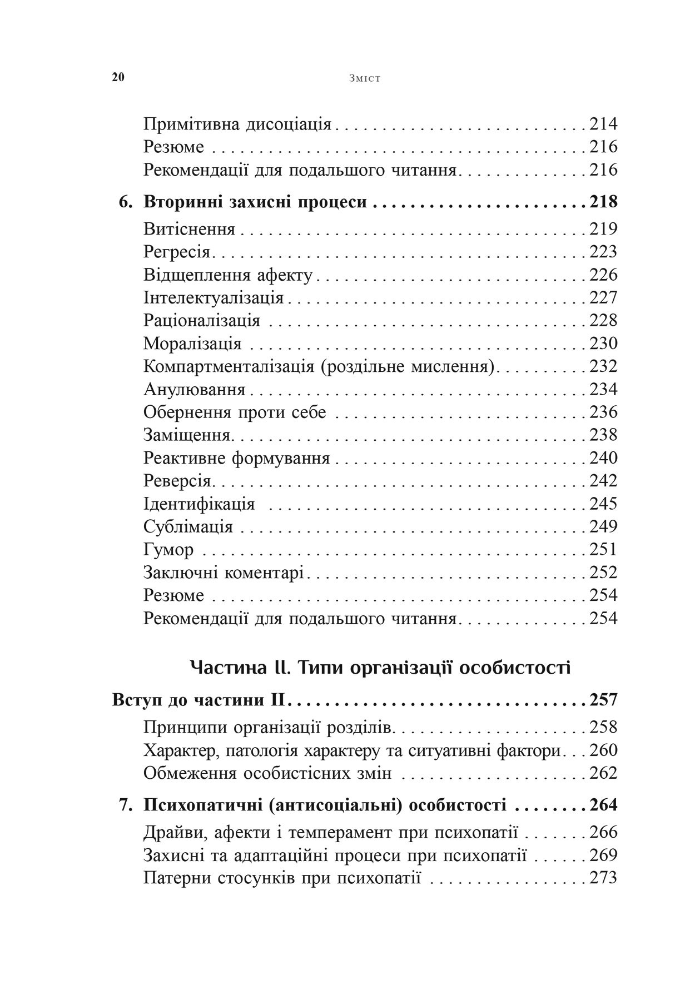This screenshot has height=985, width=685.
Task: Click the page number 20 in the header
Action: [x=118, y=77]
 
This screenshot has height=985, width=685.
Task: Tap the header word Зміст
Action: [x=365, y=78]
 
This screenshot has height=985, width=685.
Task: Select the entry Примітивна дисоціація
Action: [x=237, y=124]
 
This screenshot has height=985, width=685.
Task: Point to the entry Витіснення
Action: [x=190, y=229]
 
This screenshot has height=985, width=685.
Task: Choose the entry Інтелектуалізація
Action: [x=214, y=298]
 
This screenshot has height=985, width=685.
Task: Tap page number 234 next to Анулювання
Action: [x=603, y=389]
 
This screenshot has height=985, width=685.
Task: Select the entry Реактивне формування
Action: [x=237, y=458]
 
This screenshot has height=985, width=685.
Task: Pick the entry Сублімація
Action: [x=188, y=526]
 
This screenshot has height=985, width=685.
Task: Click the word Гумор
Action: [x=168, y=550]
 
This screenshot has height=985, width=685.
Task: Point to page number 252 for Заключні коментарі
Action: [x=603, y=573]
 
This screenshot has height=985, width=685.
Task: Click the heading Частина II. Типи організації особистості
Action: [x=380, y=667]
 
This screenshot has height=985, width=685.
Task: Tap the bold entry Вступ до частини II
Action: [x=198, y=700]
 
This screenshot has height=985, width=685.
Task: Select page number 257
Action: [x=603, y=700]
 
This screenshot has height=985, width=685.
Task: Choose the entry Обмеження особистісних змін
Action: [x=267, y=773]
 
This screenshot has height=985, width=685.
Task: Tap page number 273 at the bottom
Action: [x=603, y=878]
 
